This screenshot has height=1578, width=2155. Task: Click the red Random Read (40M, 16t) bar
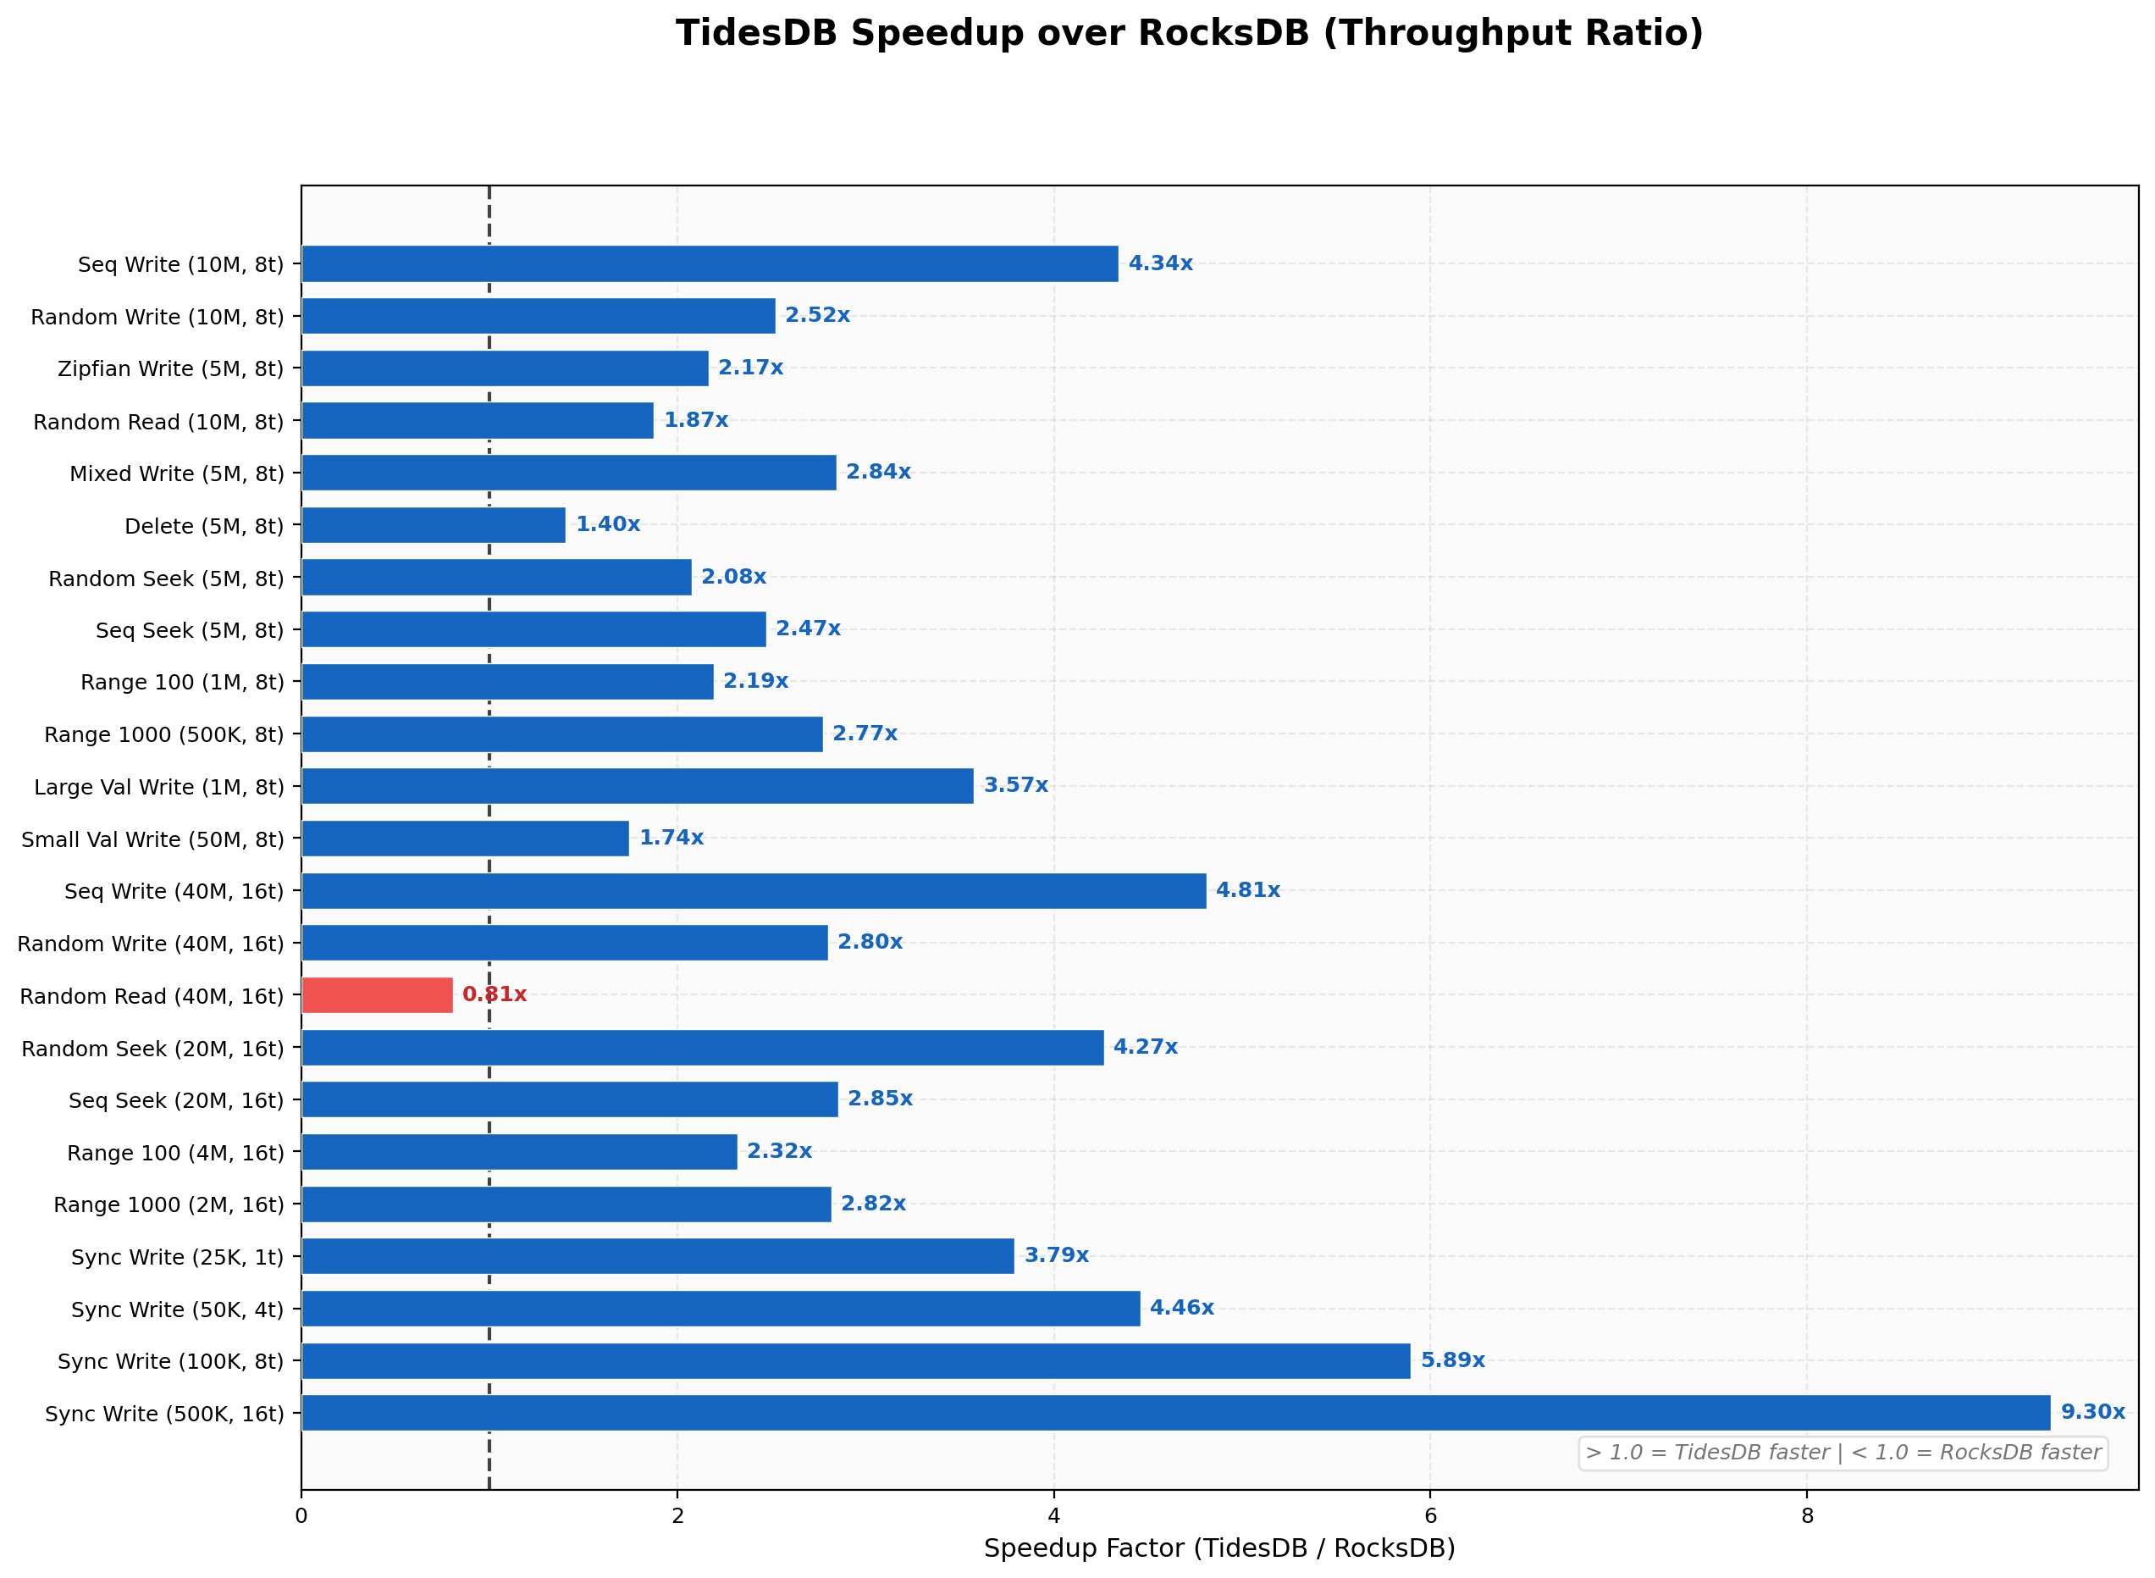click(x=377, y=994)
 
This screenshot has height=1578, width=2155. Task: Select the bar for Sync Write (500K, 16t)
click(x=1174, y=1412)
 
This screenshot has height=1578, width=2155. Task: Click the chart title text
click(x=1189, y=33)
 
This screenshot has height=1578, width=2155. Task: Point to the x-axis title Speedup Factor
click(x=1218, y=1548)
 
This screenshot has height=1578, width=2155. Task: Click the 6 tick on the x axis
click(x=1429, y=1516)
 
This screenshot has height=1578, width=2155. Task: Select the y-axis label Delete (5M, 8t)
click(x=204, y=525)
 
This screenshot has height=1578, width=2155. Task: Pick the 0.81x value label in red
click(x=494, y=994)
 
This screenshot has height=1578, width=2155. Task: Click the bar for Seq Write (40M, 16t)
click(x=754, y=890)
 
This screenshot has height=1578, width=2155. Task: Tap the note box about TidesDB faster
click(x=1842, y=1453)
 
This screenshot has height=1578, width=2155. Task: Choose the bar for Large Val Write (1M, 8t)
click(x=637, y=785)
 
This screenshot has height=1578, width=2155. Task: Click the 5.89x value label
click(x=1451, y=1359)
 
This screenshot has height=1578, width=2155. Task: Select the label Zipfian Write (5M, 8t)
click(x=171, y=368)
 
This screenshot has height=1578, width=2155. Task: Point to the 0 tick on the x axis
click(x=301, y=1516)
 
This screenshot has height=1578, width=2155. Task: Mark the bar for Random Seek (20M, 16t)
click(x=702, y=1047)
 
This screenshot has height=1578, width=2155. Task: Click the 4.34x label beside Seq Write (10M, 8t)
click(x=1159, y=263)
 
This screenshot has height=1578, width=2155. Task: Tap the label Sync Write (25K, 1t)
click(x=178, y=1256)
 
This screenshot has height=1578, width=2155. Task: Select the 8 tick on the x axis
click(x=1806, y=1516)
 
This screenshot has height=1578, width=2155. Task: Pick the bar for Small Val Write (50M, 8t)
click(x=465, y=838)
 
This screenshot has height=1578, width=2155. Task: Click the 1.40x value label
click(x=607, y=524)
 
